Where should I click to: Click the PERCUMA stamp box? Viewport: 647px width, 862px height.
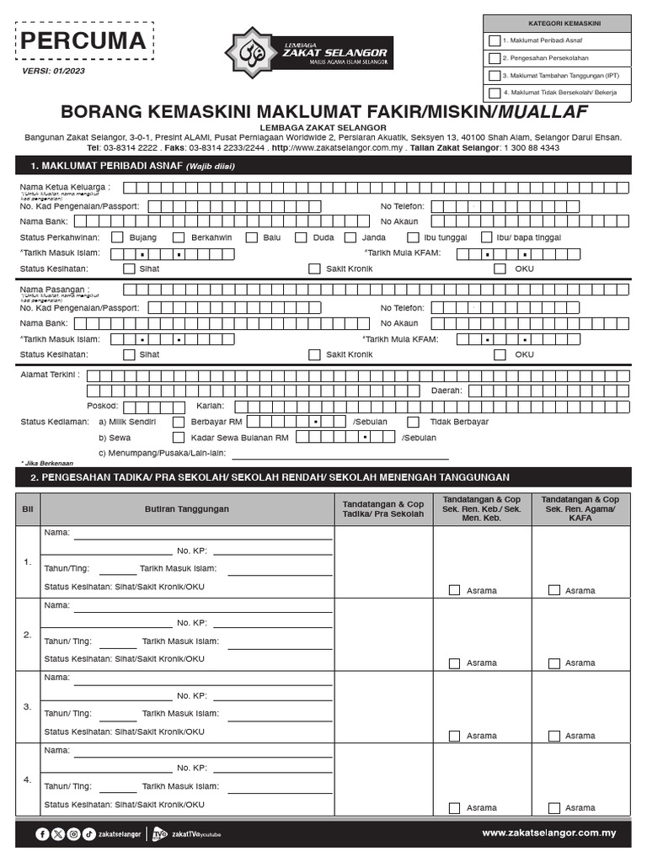[x=83, y=41]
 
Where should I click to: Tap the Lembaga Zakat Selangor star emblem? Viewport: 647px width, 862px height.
[x=250, y=53]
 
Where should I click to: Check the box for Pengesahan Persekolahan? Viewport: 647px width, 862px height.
[x=495, y=58]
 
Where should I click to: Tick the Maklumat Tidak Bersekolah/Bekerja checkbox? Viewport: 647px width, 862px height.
[x=495, y=93]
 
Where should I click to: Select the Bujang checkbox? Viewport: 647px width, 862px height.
[x=117, y=237]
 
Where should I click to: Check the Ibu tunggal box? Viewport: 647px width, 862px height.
[x=413, y=237]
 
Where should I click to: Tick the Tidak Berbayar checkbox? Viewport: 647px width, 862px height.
[x=414, y=422]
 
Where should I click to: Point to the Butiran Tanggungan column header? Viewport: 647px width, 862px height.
[x=186, y=509]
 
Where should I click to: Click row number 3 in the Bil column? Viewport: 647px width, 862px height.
[x=27, y=706]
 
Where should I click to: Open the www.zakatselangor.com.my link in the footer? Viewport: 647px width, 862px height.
[x=549, y=833]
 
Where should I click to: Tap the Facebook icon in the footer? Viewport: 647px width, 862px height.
[x=42, y=834]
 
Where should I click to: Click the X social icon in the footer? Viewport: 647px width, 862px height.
[x=58, y=834]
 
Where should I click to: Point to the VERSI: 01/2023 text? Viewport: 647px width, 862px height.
[x=52, y=71]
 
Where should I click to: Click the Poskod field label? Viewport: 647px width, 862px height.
[x=102, y=406]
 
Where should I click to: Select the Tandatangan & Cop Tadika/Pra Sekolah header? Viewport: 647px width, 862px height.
[x=383, y=508]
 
